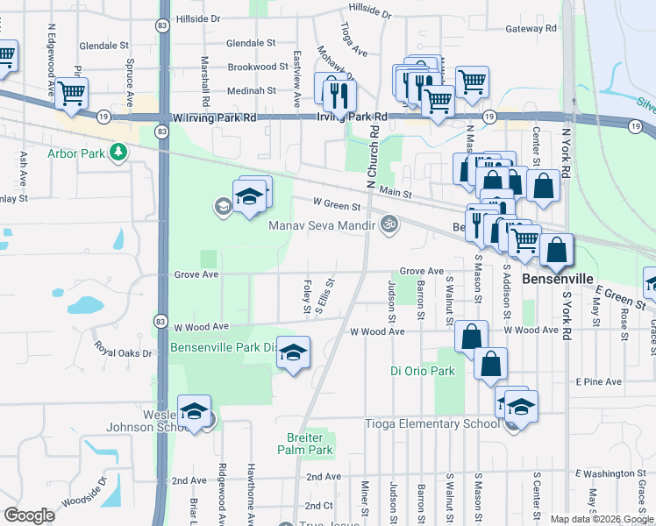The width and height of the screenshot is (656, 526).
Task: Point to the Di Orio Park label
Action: pyautogui.click(x=423, y=371)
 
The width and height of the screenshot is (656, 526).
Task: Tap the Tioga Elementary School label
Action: pyautogui.click(x=431, y=424)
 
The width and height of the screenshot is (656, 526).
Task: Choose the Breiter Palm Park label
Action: pyautogui.click(x=303, y=444)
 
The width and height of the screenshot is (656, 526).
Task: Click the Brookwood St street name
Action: pyautogui.click(x=258, y=67)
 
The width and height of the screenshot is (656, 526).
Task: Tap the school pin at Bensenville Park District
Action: pyautogui.click(x=294, y=352)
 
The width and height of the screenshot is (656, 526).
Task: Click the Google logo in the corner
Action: pyautogui.click(x=29, y=515)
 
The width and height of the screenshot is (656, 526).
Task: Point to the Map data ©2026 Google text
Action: pyautogui.click(x=601, y=519)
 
